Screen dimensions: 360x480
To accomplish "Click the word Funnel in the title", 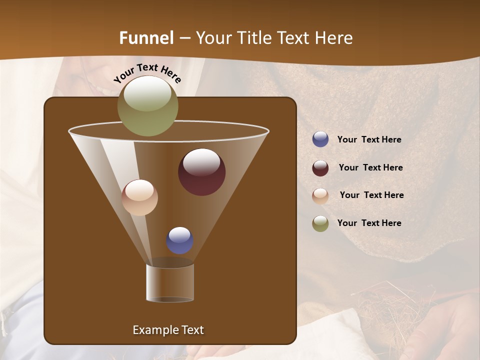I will click(146, 38).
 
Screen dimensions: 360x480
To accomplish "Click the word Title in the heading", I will click(253, 38).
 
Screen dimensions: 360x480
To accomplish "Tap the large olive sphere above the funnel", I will click(147, 105).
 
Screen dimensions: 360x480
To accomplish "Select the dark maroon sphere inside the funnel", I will click(201, 172).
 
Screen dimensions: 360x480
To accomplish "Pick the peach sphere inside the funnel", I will click(139, 197).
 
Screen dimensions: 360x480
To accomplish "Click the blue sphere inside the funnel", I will click(179, 240).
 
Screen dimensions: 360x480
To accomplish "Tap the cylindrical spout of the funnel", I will click(170, 282).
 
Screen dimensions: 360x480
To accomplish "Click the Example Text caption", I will click(168, 330).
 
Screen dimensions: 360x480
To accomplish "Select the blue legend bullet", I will click(320, 139).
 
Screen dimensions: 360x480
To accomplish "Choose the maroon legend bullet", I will click(320, 168).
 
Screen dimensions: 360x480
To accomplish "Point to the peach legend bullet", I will click(320, 196).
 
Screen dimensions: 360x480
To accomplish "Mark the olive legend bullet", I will click(320, 223).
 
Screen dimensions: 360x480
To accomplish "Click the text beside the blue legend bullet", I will click(369, 140).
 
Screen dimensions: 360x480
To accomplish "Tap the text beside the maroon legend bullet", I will click(370, 168).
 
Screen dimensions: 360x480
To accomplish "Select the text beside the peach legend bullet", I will click(371, 195).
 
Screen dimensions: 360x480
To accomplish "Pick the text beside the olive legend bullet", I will click(369, 223).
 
